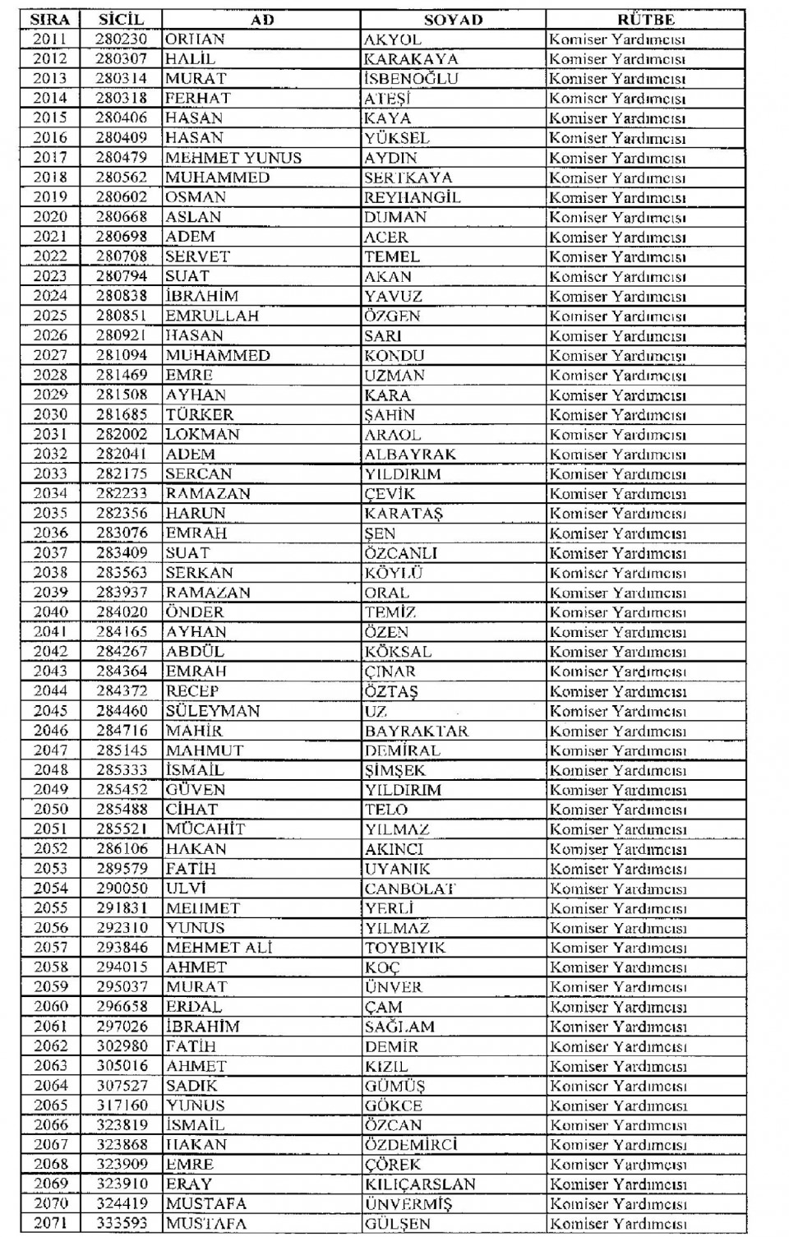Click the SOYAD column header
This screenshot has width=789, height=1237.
[453, 19]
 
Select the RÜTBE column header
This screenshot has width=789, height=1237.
[645, 19]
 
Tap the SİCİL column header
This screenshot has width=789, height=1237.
[121, 19]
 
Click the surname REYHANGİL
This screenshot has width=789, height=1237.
[412, 197]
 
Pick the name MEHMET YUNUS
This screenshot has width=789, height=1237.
[233, 158]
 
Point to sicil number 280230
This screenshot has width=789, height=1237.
[121, 39]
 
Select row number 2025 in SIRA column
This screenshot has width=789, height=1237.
[50, 316]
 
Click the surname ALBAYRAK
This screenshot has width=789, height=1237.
[409, 455]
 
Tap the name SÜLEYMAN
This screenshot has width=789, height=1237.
[212, 711]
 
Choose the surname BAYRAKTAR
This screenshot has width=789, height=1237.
[416, 731]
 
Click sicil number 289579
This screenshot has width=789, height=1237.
[121, 869]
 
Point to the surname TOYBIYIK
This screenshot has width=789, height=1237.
[405, 948]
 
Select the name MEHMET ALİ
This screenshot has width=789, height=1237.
[219, 948]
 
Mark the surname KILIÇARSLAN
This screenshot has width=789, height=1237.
[420, 1184]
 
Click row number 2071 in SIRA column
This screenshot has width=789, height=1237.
[50, 1224]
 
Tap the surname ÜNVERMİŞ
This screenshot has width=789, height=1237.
[408, 1204]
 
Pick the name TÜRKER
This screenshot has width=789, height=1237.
[199, 415]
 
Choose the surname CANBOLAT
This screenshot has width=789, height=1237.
[410, 889]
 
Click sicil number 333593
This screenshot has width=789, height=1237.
[121, 1224]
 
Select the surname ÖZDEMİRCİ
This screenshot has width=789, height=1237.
[411, 1145]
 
